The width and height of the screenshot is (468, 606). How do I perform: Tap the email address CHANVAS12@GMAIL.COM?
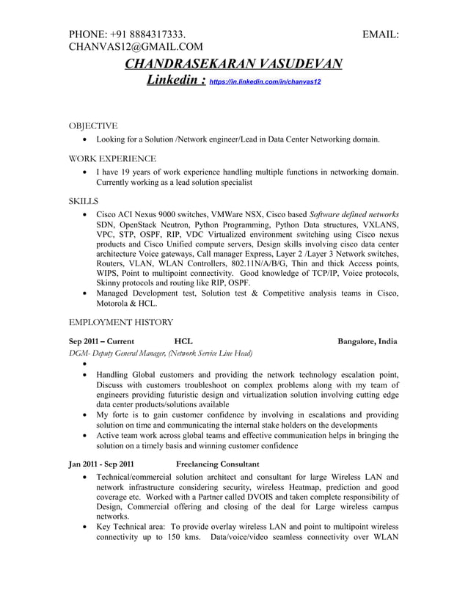pos(135,48)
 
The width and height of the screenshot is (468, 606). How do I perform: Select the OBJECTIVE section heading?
pos(92,126)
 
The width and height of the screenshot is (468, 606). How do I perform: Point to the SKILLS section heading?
pos(83,200)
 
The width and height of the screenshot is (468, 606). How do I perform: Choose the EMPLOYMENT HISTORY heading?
pos(120,322)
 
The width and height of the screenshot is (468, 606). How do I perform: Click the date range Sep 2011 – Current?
pos(101,341)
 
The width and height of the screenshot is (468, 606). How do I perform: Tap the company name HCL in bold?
pos(183,341)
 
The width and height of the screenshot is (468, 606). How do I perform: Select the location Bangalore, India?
pos(367,341)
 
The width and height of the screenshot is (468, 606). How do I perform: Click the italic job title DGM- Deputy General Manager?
pos(160,353)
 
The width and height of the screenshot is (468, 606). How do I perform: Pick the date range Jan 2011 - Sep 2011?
pos(101,464)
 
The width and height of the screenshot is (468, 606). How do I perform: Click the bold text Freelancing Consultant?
pos(217,464)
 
